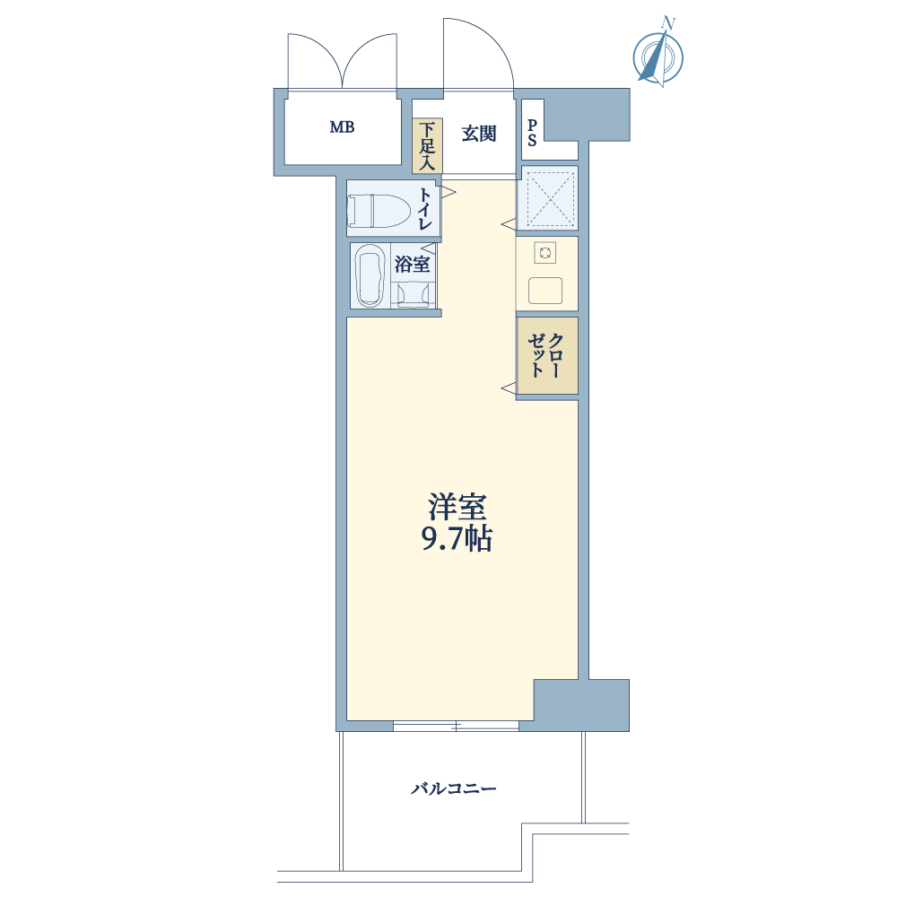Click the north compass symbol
pos(658,55)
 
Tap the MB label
pos(342,127)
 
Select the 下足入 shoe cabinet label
pos(427,146)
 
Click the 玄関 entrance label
pos(479,134)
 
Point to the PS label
pos(532,133)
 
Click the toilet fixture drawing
pos(379,211)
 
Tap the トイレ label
pos(425,209)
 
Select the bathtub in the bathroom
pos(370,275)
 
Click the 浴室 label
pos(412,265)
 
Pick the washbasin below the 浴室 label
pos(413,295)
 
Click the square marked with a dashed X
pos(547,198)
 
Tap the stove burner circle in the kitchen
pos(545,252)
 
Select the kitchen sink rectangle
pos(545,291)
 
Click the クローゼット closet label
pos(545,355)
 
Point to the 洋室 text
pos(457,506)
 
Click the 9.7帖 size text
pos(457,538)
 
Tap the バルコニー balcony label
pos(454,788)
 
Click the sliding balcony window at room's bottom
pos(456,726)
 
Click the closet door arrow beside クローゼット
pos(508,389)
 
